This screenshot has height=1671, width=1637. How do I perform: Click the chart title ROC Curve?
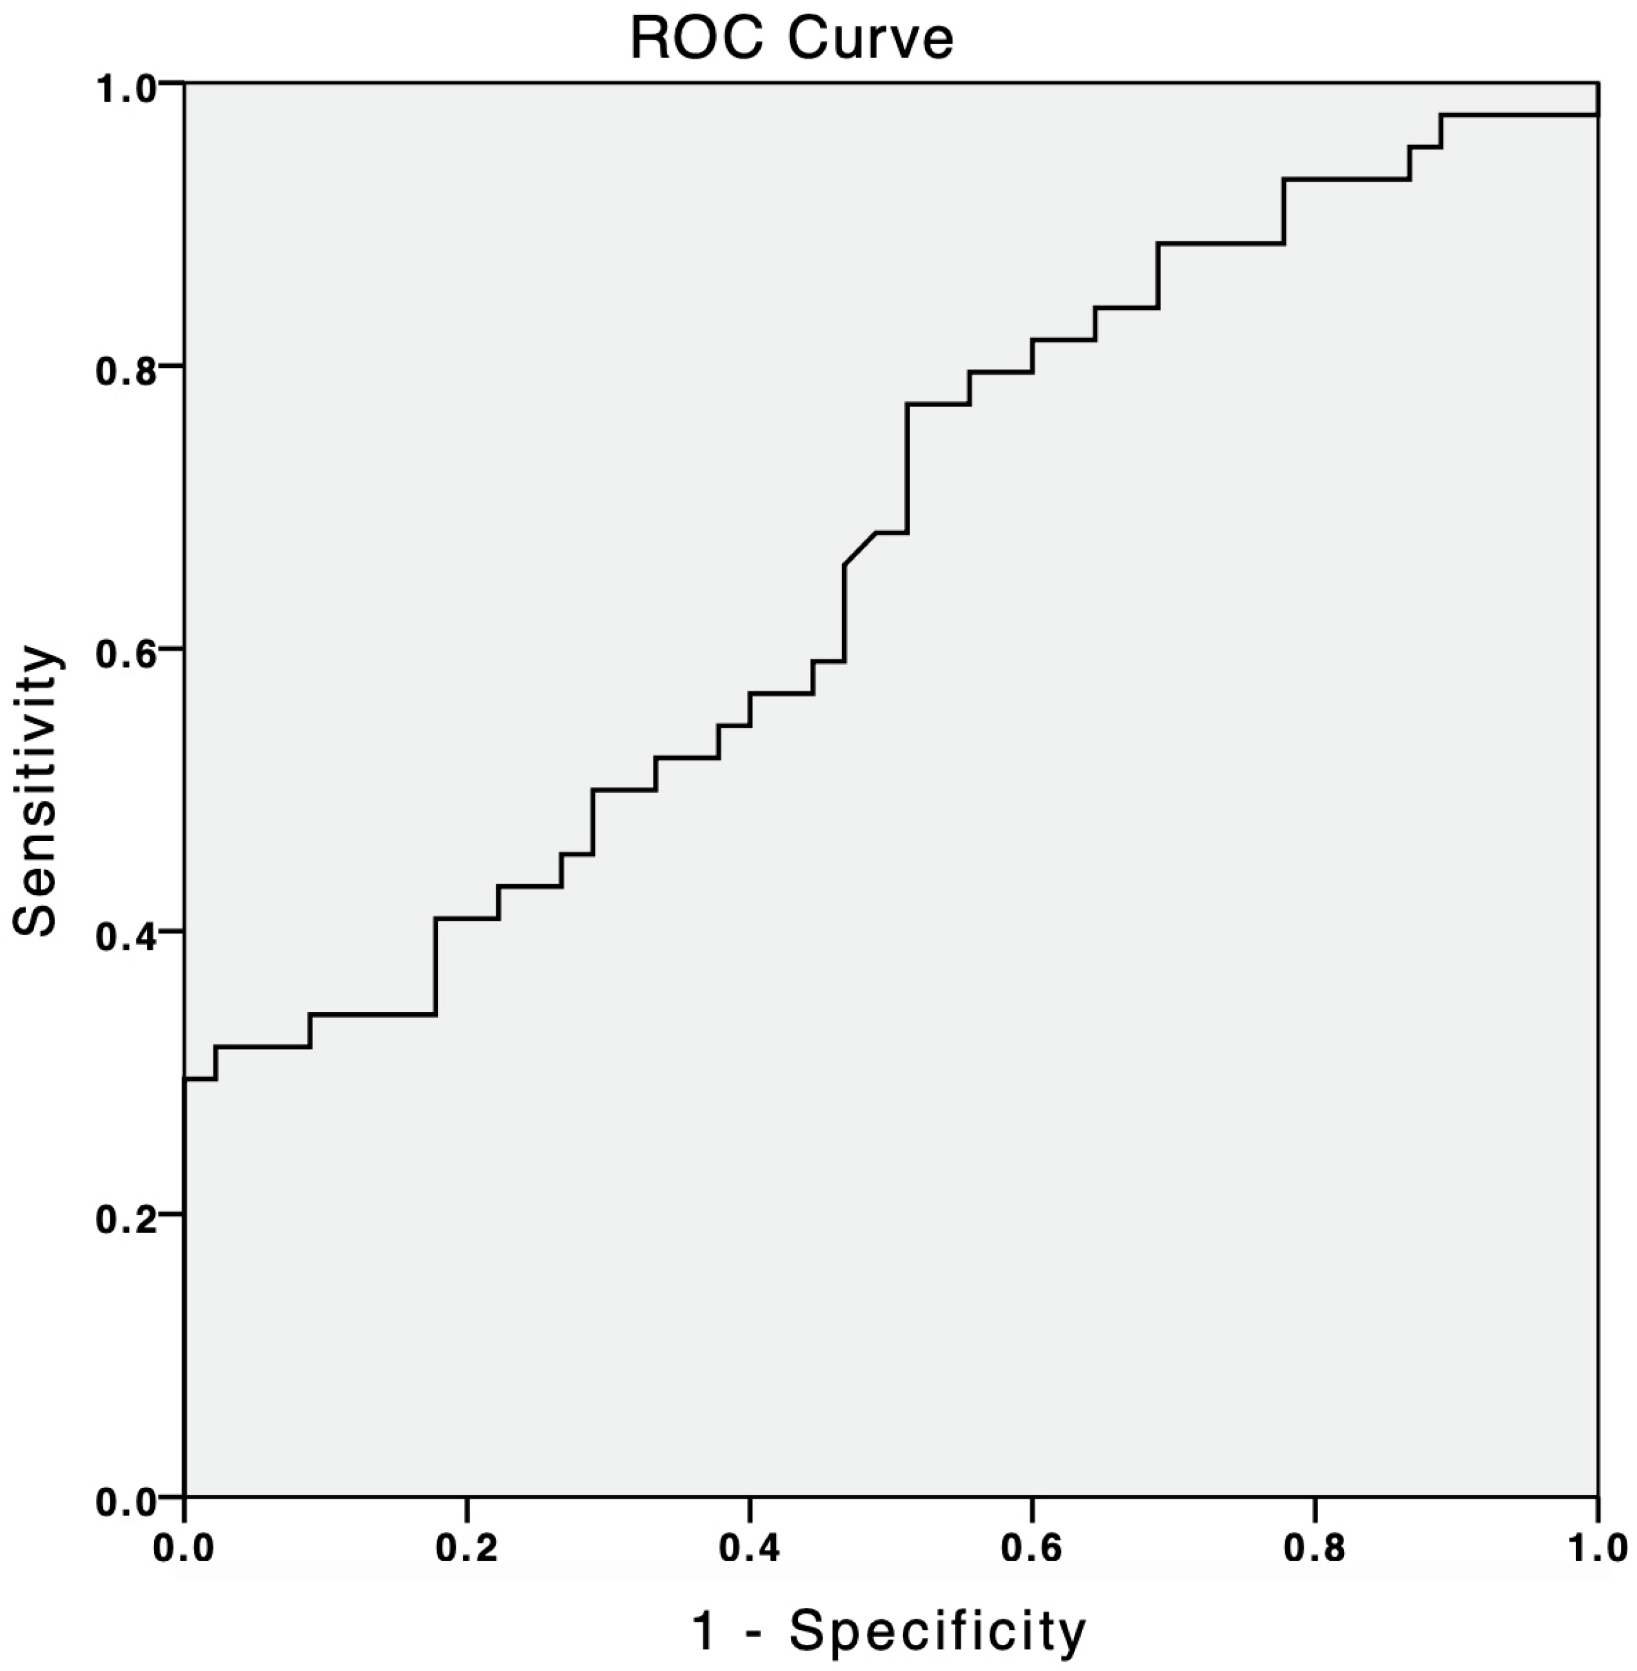click(x=792, y=38)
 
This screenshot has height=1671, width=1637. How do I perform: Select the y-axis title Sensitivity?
click(x=36, y=790)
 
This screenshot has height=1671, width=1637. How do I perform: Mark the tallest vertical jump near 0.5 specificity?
click(x=907, y=468)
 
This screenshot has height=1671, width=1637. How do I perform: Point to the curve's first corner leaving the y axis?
click(x=186, y=1078)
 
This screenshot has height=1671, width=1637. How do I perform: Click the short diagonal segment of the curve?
click(x=860, y=548)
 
